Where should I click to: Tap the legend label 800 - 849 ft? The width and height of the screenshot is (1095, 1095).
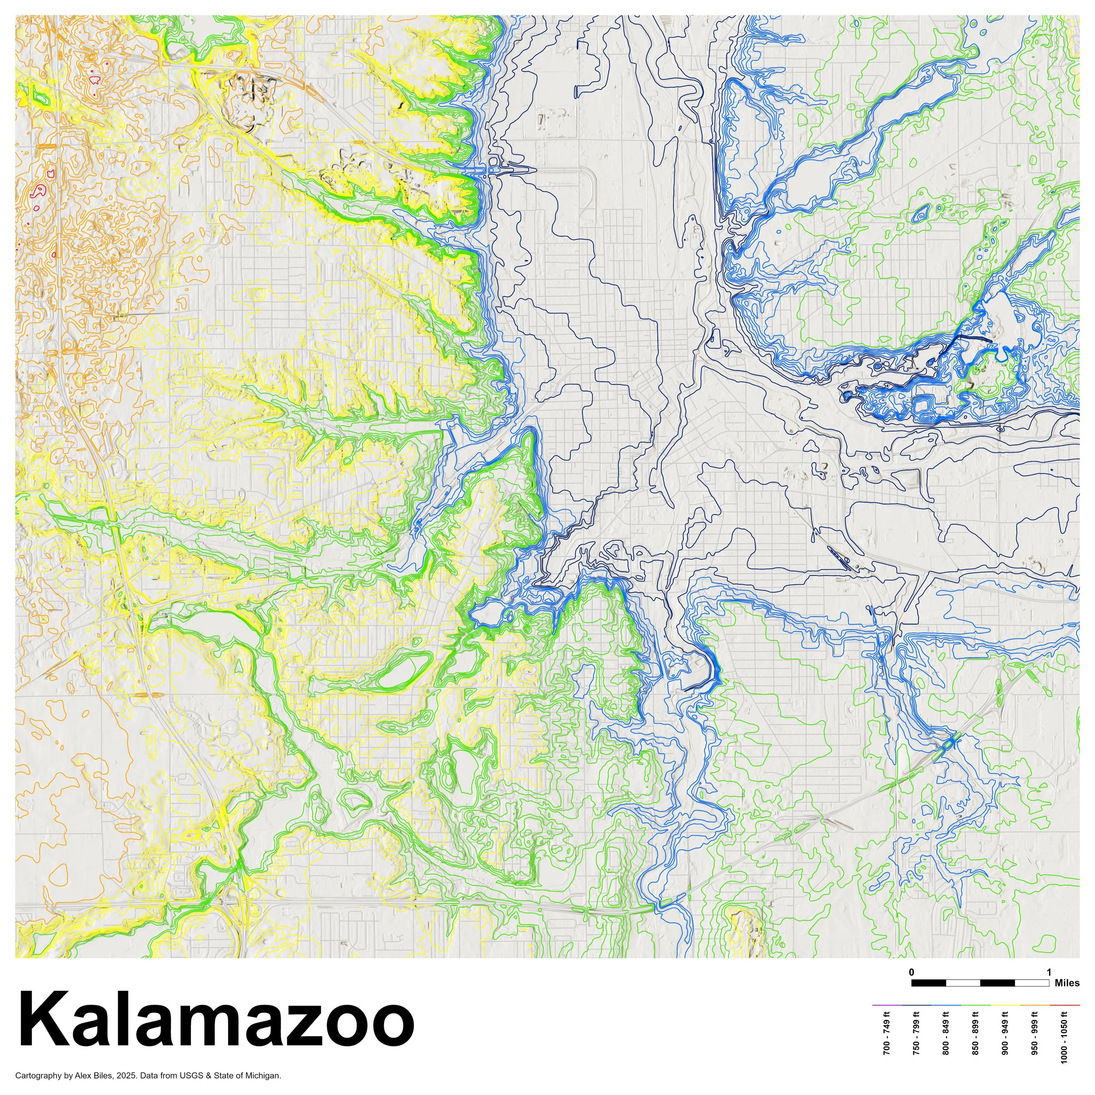coord(946,1037)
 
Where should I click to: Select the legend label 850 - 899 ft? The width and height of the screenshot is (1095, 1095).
coord(976,1037)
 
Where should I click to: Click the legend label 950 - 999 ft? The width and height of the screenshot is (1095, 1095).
coord(1035,1037)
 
